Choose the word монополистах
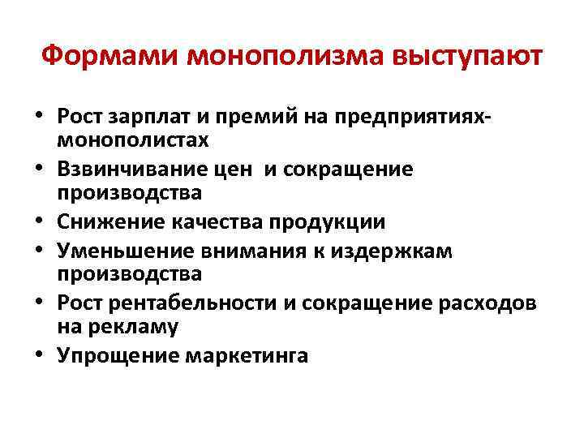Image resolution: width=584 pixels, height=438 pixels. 133,140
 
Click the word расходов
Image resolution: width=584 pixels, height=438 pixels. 500,304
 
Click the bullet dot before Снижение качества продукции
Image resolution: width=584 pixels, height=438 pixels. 39,222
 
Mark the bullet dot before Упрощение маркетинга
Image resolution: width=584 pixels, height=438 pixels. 39,357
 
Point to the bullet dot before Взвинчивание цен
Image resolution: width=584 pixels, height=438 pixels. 39,170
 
